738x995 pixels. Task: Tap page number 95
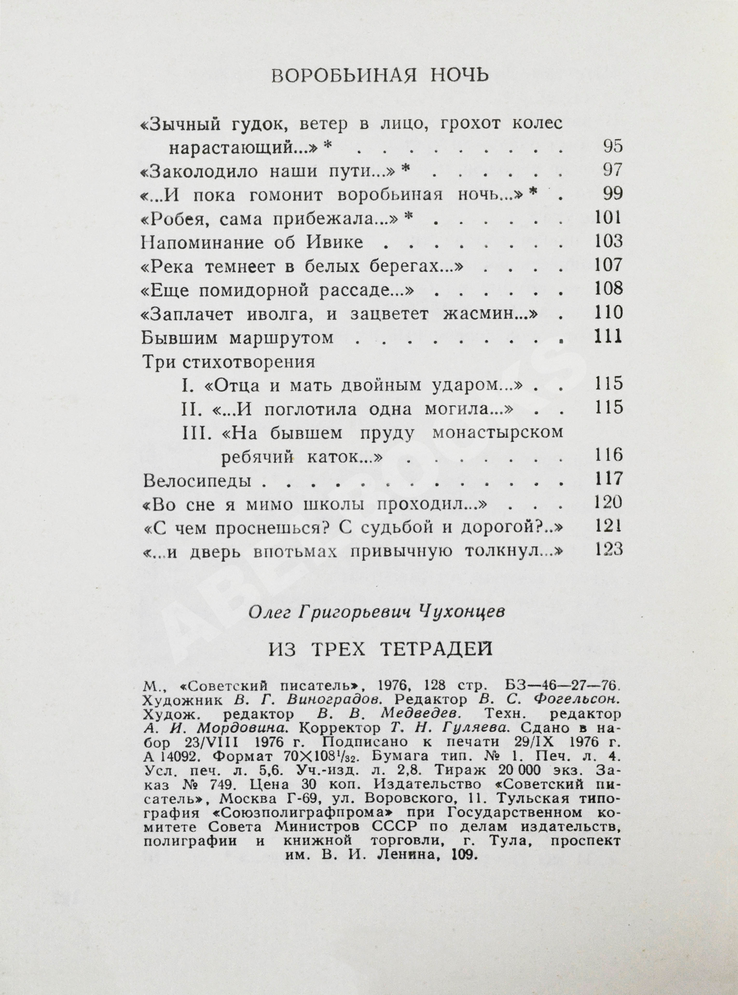(612, 147)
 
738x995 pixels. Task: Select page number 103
(609, 242)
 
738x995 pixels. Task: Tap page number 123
(609, 550)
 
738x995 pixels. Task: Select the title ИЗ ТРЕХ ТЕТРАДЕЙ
(380, 649)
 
